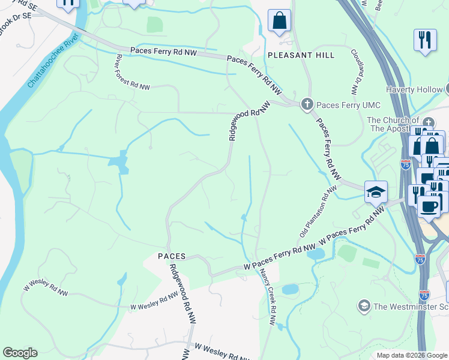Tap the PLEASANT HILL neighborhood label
[301, 55]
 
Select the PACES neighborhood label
[171, 256]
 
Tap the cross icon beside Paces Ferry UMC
[307, 104]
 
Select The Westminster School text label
[409, 307]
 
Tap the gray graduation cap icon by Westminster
[363, 307]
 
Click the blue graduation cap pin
[376, 193]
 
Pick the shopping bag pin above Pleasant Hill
[279, 21]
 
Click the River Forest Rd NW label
[131, 73]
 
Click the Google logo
[20, 353]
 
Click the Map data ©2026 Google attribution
[412, 355]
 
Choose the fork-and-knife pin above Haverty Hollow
[425, 40]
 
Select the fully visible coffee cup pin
[429, 206]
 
